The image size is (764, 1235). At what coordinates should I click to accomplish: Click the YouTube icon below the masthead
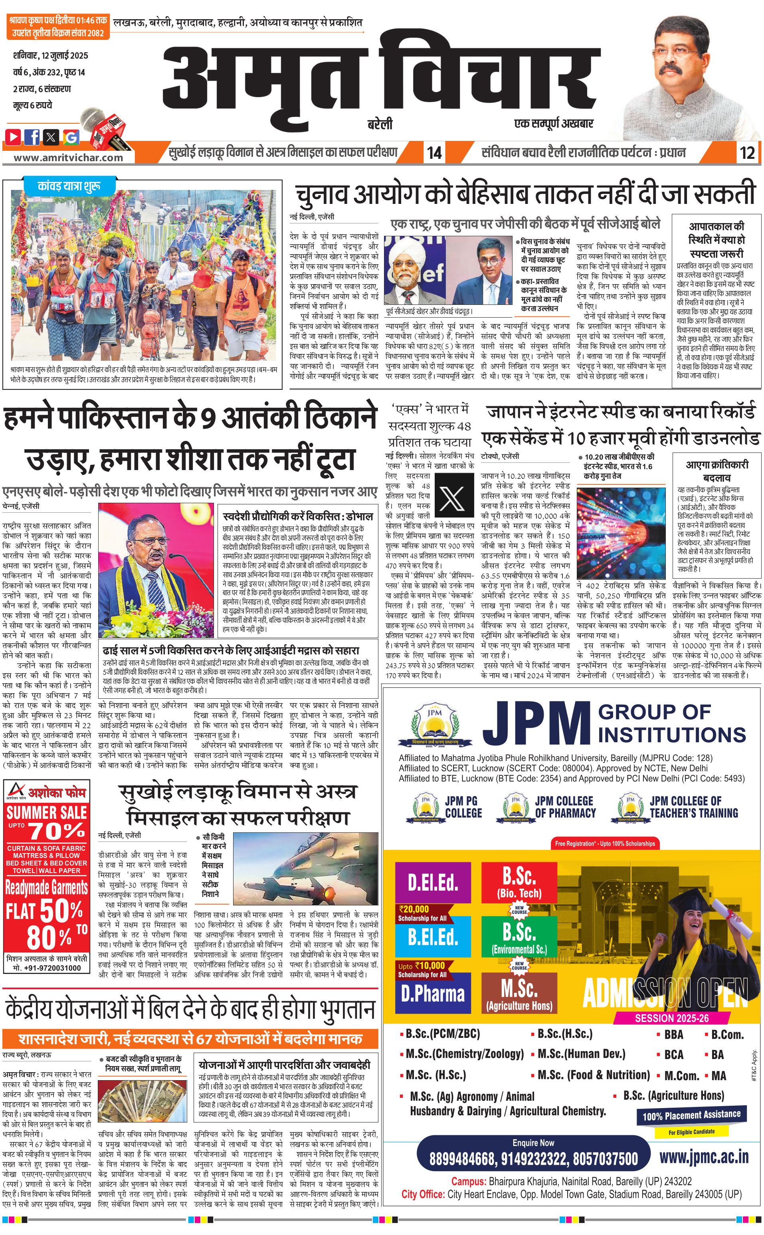pyautogui.click(x=13, y=136)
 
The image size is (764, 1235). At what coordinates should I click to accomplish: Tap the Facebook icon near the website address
pyautogui.click(x=32, y=136)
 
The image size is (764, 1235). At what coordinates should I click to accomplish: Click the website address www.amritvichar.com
pyautogui.click(x=68, y=157)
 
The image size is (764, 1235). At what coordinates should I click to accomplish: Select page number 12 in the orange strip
pyautogui.click(x=747, y=152)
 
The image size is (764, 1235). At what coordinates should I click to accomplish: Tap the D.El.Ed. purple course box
pyautogui.click(x=433, y=882)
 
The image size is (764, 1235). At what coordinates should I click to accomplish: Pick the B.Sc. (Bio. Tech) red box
pyautogui.click(x=519, y=882)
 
